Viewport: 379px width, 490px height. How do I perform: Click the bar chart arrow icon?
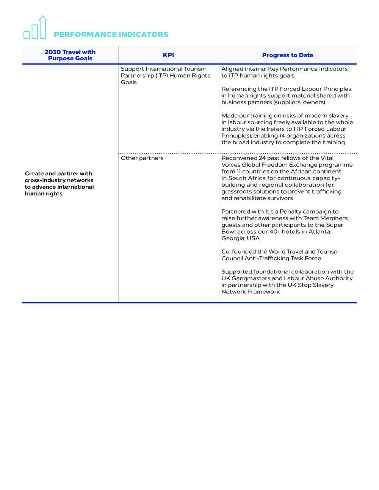(x=35, y=27)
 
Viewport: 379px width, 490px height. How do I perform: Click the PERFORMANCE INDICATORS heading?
(x=111, y=34)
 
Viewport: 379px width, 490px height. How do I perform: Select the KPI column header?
(x=168, y=55)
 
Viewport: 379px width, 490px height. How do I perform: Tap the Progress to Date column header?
(x=288, y=55)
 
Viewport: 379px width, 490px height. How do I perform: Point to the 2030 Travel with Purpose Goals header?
(x=70, y=55)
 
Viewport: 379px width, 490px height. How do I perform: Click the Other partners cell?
(x=142, y=158)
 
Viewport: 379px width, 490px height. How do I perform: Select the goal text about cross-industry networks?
(x=59, y=184)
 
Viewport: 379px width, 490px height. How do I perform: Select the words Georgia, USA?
(x=241, y=239)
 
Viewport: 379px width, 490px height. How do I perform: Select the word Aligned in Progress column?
(x=232, y=69)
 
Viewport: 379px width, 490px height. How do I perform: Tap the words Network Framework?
(x=251, y=292)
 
